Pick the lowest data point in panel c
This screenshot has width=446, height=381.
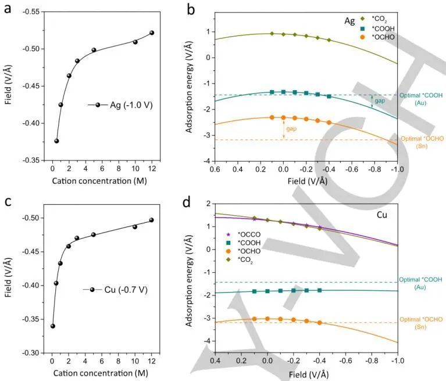tap(52, 326)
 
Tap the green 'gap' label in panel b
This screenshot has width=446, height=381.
tap(379, 101)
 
